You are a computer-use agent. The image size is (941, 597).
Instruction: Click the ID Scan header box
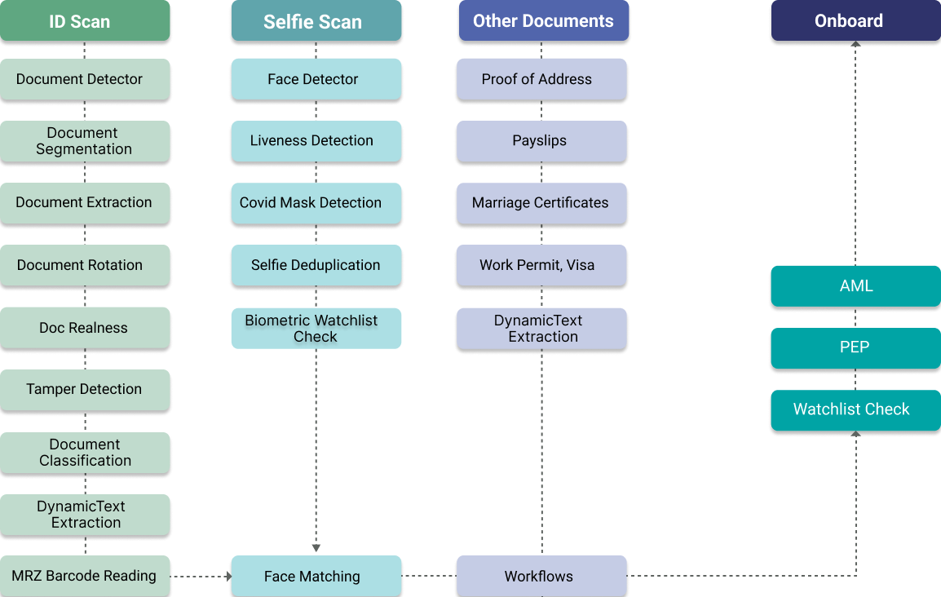(x=85, y=20)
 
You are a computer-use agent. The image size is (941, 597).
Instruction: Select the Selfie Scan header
(x=316, y=21)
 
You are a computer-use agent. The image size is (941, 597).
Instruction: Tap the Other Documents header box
(x=543, y=20)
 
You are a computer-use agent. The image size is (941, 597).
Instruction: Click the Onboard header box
(x=855, y=20)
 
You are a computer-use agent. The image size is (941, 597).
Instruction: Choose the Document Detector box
(x=85, y=79)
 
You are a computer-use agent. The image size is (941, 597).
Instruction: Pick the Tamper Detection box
(x=85, y=389)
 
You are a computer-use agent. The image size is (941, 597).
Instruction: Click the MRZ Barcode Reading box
(x=85, y=576)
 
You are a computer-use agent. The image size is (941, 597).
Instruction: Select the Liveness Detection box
(x=316, y=141)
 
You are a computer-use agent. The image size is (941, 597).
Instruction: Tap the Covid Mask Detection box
(x=316, y=203)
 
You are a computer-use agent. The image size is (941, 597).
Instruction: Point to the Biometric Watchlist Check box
(x=316, y=328)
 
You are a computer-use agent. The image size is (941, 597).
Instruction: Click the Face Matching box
(x=316, y=576)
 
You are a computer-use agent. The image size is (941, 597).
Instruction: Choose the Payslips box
(x=541, y=141)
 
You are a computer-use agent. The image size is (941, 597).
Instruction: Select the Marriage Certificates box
(x=541, y=203)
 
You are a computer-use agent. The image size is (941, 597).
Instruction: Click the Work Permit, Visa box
(x=541, y=265)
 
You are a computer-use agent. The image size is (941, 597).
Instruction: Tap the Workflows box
(x=541, y=576)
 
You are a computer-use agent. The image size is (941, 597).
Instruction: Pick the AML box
(x=855, y=286)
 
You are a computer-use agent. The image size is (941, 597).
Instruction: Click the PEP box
(x=855, y=347)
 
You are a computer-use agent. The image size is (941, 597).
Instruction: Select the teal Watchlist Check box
(x=855, y=409)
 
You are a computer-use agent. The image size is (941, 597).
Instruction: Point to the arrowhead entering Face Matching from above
(x=316, y=548)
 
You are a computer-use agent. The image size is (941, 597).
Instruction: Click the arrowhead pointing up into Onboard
(x=855, y=46)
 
